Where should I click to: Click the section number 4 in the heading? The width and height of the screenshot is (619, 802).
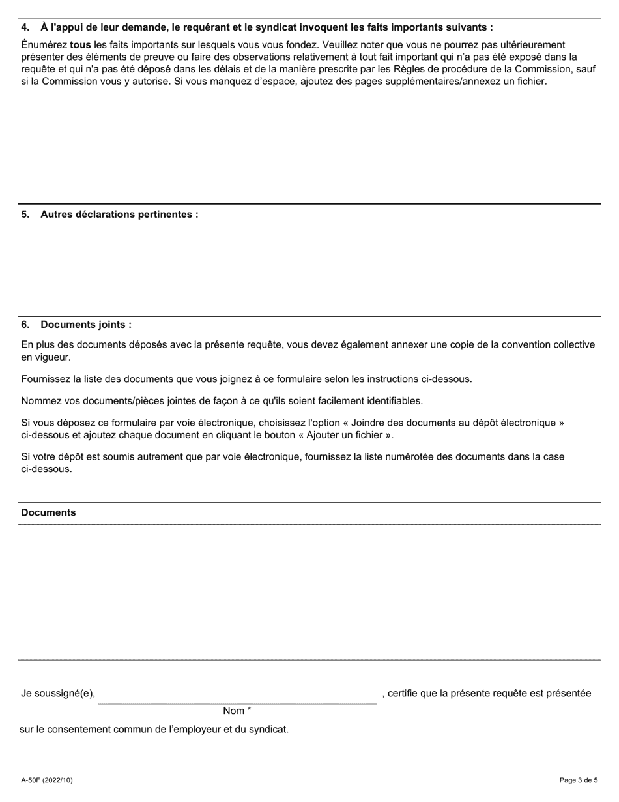click(25, 27)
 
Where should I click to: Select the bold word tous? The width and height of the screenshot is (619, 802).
click(80, 45)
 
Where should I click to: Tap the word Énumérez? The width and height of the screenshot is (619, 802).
click(44, 45)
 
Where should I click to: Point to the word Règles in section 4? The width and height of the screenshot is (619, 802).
click(410, 69)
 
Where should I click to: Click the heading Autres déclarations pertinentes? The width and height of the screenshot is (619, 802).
click(119, 215)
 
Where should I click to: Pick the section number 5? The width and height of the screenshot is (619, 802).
click(25, 215)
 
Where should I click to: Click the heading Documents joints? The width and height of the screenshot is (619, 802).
click(85, 325)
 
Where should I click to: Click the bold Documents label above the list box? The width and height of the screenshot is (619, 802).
click(48, 512)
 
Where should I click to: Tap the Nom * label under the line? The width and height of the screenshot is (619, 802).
click(237, 711)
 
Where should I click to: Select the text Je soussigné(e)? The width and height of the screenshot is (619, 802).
click(58, 693)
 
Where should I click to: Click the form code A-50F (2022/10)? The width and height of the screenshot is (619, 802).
click(47, 780)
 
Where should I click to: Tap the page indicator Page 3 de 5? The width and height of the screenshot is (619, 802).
click(578, 780)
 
